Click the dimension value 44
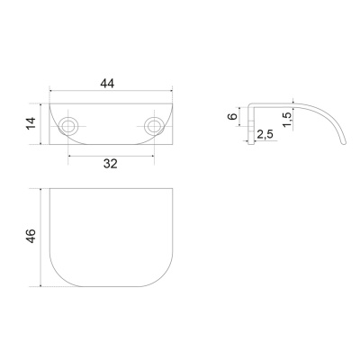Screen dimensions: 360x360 click(x=107, y=84)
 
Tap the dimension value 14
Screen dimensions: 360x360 click(x=31, y=123)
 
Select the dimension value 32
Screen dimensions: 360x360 click(x=111, y=164)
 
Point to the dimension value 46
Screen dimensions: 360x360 click(x=31, y=236)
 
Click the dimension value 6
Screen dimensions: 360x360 click(x=233, y=116)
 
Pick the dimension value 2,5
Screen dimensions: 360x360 click(x=265, y=134)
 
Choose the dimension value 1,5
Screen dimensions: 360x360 click(x=287, y=119)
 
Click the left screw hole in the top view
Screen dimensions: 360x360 click(x=68, y=126)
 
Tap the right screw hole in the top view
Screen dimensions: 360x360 click(x=154, y=126)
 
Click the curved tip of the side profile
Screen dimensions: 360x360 click(x=344, y=142)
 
